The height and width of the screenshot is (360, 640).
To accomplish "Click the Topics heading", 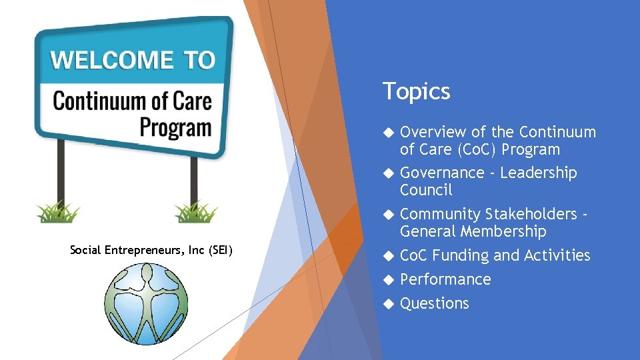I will pos(417,91).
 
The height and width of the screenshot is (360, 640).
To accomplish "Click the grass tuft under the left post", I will pos(59,212).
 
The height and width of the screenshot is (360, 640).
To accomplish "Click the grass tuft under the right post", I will pos(196,212).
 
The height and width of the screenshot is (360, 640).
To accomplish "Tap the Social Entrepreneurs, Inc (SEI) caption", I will pos(151,250).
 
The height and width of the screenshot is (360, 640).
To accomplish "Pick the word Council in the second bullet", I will pos(426,191).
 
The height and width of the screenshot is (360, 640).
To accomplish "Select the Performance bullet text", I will pos(445,280).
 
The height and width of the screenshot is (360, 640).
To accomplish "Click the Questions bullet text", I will pos(435,304).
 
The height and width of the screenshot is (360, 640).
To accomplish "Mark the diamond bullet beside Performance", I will pos(389,280).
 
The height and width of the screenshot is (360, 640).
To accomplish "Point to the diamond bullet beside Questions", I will pos(389,304).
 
